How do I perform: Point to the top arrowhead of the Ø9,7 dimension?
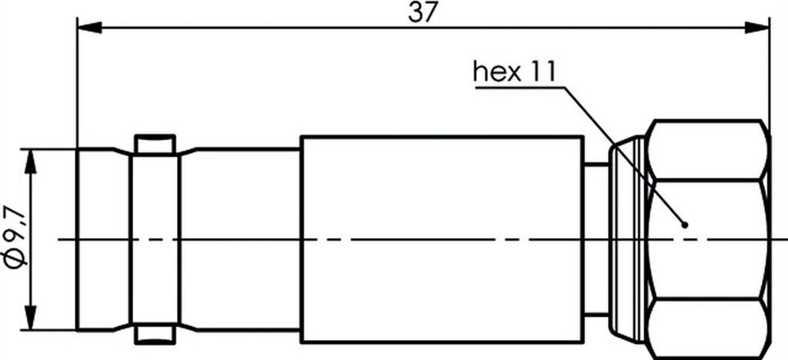click(x=31, y=158)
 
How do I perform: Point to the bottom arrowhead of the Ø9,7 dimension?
click(x=31, y=319)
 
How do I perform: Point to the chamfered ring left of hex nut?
click(x=627, y=239)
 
